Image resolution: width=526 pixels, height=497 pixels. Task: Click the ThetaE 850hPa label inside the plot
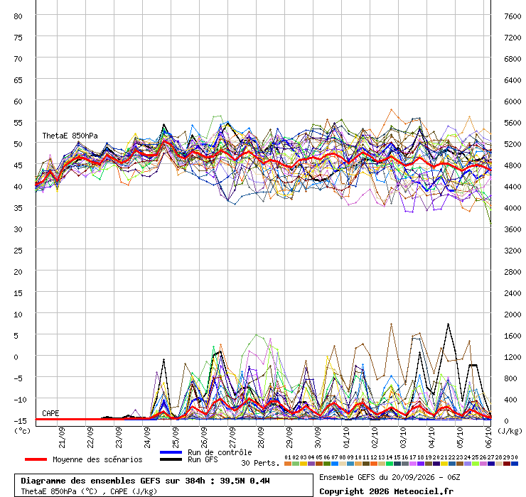coord(70,136)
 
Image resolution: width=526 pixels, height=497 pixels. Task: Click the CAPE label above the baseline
coord(50,413)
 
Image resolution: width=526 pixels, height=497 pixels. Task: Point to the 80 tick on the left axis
coord(18,16)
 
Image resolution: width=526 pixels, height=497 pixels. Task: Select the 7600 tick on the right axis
coord(512,16)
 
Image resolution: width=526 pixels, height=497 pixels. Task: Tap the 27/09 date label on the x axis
coord(232,437)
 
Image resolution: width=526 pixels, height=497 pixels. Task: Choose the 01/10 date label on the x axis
coord(346,437)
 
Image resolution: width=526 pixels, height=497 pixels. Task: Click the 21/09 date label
coord(62,437)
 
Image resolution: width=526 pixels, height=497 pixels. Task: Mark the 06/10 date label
coord(488,437)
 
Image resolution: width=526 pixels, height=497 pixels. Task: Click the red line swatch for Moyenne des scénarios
coord(36,459)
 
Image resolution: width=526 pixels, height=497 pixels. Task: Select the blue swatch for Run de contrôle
coord(171,452)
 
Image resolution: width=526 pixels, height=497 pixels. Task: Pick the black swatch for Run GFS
coord(171,459)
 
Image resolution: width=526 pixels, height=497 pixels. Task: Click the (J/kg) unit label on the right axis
coord(510,431)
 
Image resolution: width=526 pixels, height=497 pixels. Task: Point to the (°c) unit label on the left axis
coord(22,431)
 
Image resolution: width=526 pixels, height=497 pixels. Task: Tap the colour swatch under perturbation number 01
coord(287,464)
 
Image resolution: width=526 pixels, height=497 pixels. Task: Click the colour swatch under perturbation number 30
coord(514,464)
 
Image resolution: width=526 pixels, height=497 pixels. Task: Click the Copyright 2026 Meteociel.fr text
coord(386,491)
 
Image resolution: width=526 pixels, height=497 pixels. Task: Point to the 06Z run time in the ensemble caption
coord(453,477)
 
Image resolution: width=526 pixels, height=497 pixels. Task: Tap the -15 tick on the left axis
coord(20,421)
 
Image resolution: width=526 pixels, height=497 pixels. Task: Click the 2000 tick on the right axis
coord(512,315)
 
